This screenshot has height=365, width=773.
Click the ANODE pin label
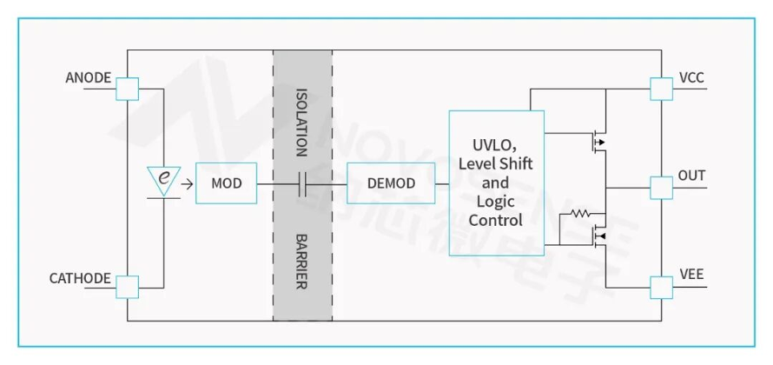89,78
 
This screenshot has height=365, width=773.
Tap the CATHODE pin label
80,278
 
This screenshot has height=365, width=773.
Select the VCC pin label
691,78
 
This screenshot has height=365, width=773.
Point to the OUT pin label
691,176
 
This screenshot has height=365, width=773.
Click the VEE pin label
691,275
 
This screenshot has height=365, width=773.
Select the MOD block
227,183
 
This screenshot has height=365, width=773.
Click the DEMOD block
391,183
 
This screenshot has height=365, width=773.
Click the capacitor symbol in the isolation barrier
303,184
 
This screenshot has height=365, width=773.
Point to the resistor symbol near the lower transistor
581,214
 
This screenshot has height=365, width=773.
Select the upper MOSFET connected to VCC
598,142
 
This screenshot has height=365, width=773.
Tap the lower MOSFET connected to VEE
598,236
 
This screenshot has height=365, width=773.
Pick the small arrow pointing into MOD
187,184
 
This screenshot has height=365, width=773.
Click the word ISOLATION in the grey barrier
301,123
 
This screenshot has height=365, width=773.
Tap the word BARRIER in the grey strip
301,262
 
